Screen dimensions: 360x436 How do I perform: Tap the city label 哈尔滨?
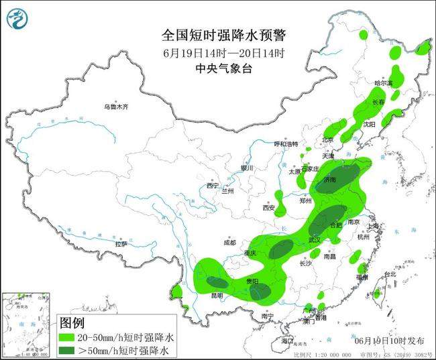[383, 82]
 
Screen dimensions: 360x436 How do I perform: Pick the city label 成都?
[229, 242]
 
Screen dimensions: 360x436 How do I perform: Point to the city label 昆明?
[217, 295]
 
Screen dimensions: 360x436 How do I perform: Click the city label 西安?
[270, 208]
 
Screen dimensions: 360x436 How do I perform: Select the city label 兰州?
[228, 191]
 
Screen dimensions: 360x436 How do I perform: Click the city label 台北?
[388, 275]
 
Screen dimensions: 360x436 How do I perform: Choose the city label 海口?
[288, 341]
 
